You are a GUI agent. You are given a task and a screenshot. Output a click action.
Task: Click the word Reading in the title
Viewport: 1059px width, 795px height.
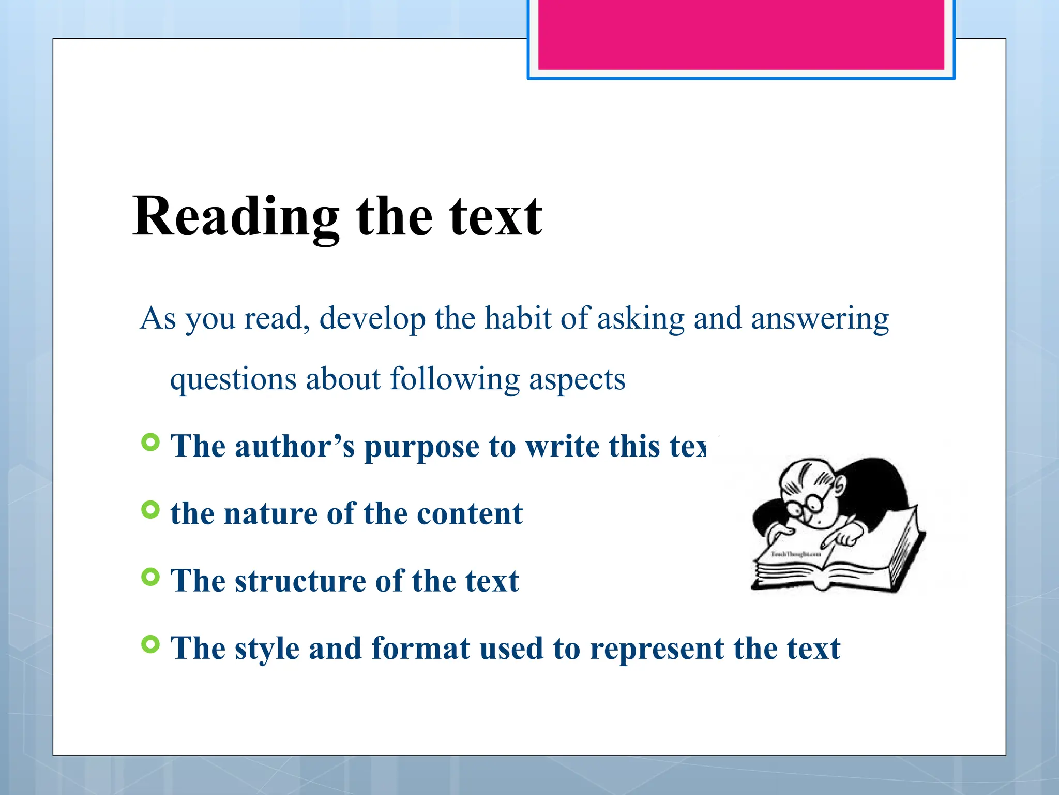click(x=236, y=217)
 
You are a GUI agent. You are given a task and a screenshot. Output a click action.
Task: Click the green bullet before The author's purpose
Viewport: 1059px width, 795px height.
click(x=150, y=443)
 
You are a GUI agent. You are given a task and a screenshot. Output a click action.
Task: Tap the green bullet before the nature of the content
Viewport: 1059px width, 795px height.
click(x=150, y=510)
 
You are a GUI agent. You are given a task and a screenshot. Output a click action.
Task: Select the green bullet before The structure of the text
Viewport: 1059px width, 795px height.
click(x=150, y=577)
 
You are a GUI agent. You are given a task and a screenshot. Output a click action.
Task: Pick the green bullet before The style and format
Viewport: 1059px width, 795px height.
click(x=150, y=644)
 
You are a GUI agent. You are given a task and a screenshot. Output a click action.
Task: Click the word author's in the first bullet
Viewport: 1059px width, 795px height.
click(x=295, y=446)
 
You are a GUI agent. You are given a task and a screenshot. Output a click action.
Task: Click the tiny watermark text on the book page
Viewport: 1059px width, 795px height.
click(x=796, y=554)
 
